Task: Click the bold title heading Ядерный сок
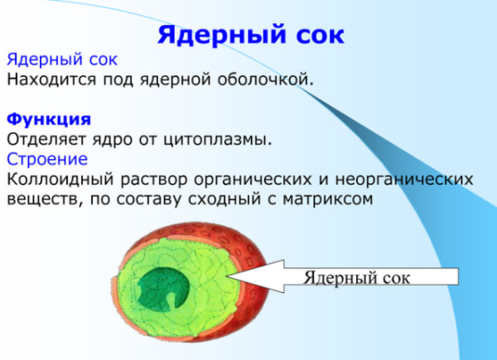[250, 35]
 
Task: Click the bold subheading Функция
[48, 119]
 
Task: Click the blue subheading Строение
[47, 159]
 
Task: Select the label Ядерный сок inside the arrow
[356, 277]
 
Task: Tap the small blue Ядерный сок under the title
[62, 60]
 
